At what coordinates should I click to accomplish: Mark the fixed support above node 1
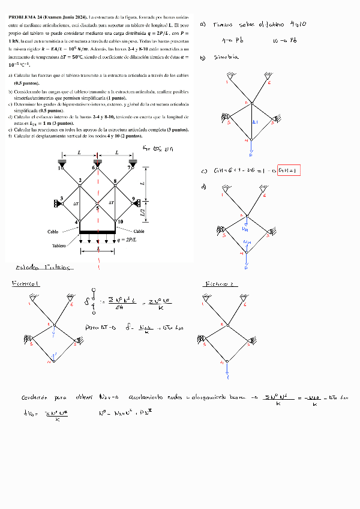(x=62, y=162)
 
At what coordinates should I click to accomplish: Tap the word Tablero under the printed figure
(x=58, y=245)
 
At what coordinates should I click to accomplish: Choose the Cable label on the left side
(x=53, y=231)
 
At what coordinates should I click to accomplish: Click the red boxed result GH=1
(x=289, y=171)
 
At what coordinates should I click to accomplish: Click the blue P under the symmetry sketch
(x=251, y=154)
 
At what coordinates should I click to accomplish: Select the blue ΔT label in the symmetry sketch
(x=255, y=122)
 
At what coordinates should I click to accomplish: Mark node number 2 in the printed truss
(x=80, y=181)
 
